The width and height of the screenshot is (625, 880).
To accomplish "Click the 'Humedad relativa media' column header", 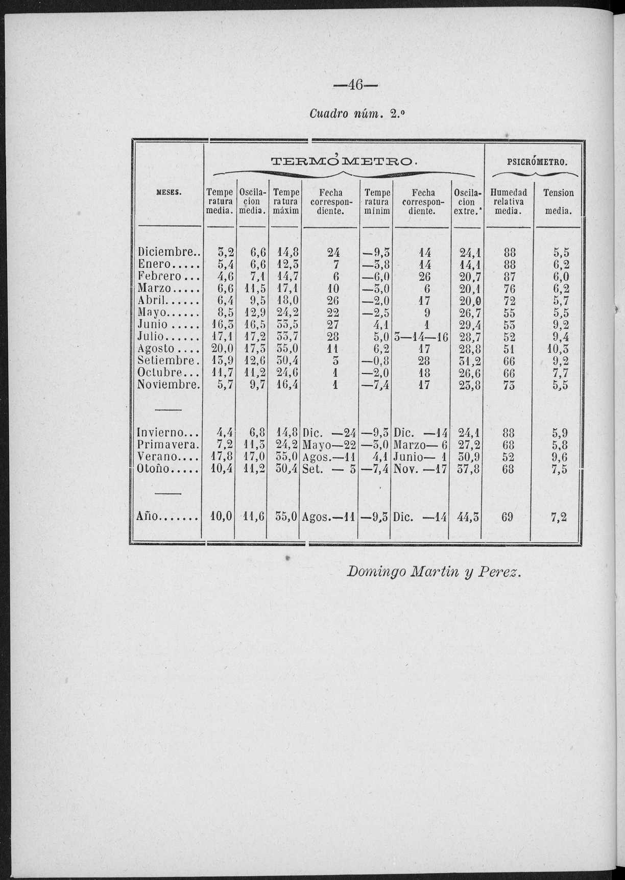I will click(508, 202).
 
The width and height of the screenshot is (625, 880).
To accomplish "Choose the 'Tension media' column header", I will click(558, 202).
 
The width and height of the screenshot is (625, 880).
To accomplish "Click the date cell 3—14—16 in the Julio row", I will click(421, 337).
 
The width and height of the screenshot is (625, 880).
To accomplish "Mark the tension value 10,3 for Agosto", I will click(559, 349).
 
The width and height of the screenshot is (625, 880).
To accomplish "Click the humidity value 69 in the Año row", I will click(507, 517).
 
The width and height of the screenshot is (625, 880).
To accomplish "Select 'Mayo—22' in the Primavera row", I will click(329, 445).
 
